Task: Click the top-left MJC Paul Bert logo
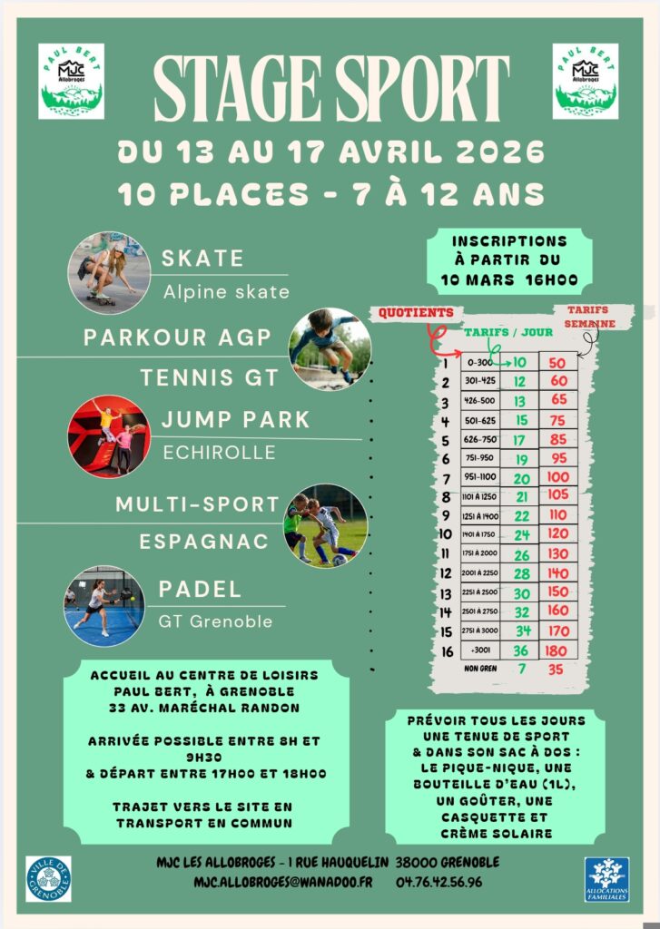pyautogui.click(x=71, y=81)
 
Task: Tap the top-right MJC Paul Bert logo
pyautogui.click(x=586, y=81)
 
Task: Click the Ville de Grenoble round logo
pyautogui.click(x=48, y=878)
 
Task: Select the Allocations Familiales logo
pyautogui.click(x=606, y=879)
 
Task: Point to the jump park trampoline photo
pyautogui.click(x=108, y=436)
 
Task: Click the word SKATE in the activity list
pyautogui.click(x=202, y=259)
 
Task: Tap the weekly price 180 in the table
pyautogui.click(x=556, y=650)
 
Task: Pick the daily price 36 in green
pyautogui.click(x=521, y=650)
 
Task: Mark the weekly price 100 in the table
pyautogui.click(x=557, y=477)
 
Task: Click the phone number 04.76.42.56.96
pyautogui.click(x=438, y=882)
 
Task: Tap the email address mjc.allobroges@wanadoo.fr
pyautogui.click(x=282, y=882)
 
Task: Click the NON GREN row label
pyautogui.click(x=478, y=670)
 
